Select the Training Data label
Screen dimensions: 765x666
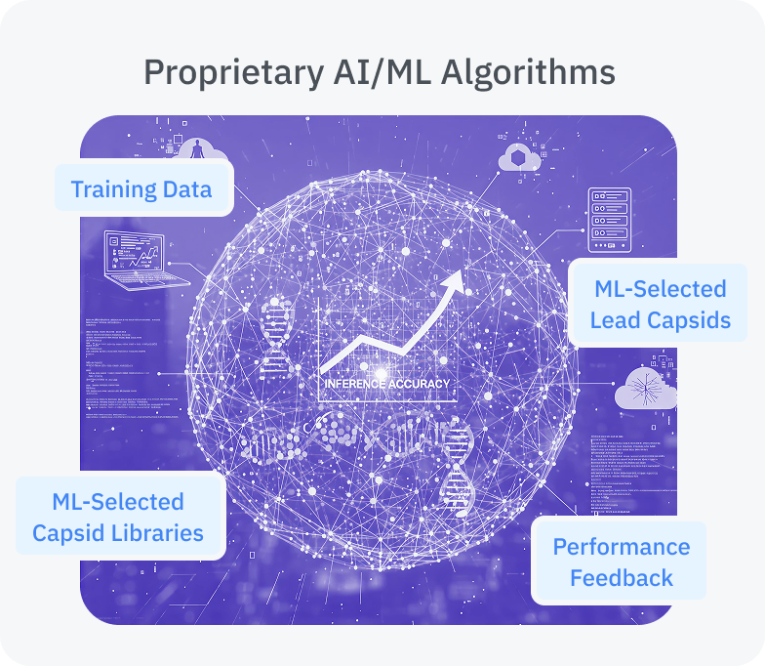[141, 188]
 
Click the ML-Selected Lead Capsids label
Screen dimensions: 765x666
[661, 304]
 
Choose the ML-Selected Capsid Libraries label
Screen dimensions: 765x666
[118, 518]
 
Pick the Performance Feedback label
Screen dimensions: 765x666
[621, 562]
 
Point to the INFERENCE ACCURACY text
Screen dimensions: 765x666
[387, 383]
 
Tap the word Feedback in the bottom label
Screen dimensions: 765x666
[621, 577]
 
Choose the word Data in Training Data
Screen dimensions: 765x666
[184, 188]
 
